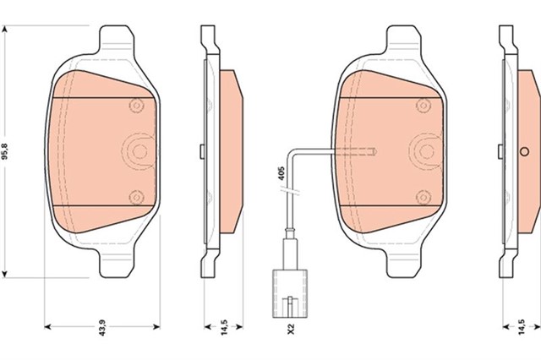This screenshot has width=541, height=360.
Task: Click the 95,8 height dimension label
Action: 5,151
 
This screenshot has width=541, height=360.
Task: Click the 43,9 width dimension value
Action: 102,328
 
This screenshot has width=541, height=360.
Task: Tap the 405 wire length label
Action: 281,173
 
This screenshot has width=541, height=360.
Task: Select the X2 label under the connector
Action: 291,328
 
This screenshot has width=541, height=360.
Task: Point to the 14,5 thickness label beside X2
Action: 224,328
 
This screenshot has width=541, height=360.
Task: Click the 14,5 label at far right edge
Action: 522,328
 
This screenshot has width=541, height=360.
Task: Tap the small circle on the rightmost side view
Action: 524,151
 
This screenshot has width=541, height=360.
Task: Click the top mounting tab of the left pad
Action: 117,39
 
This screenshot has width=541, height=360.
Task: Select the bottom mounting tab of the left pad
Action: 117,263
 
